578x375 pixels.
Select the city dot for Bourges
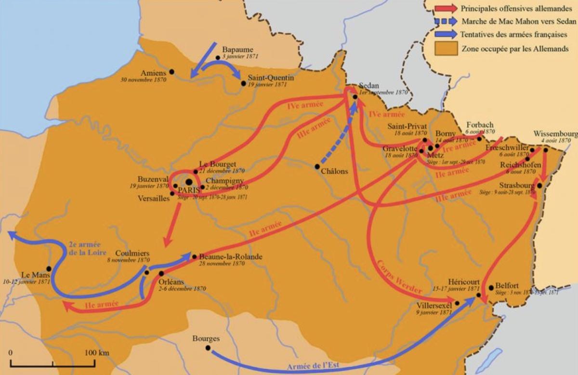[x=208, y=348]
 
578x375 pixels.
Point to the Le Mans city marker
[x=48, y=269]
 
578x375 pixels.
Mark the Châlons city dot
[x=317, y=167]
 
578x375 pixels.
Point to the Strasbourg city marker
[x=540, y=186]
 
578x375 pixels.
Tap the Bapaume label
[x=237, y=50]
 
